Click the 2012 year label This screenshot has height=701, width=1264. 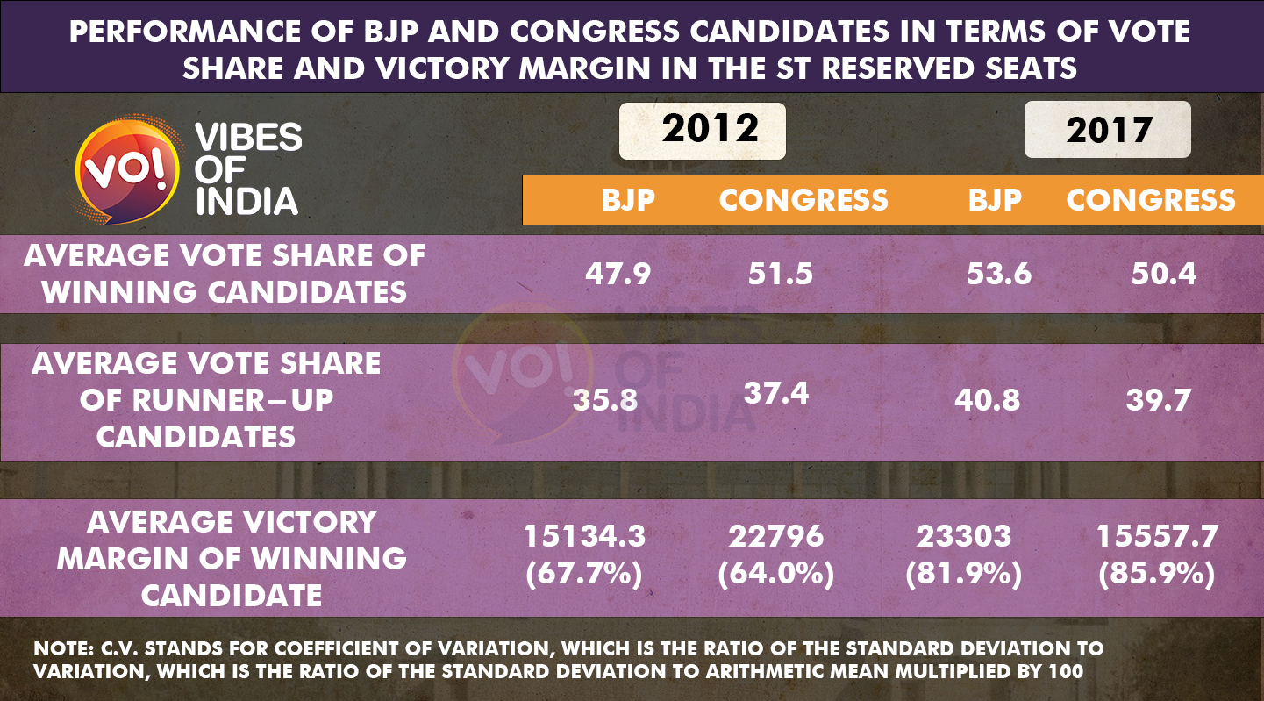[710, 129]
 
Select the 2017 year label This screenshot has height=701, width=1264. [1109, 130]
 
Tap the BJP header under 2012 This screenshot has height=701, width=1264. [628, 200]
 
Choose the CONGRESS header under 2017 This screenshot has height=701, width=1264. [1151, 200]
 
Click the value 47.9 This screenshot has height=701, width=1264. [618, 274]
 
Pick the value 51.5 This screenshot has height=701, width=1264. [780, 274]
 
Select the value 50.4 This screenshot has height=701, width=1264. [1163, 274]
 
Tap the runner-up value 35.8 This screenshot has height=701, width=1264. [605, 401]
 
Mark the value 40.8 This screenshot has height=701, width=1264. [987, 401]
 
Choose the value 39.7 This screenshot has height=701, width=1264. [1158, 401]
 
